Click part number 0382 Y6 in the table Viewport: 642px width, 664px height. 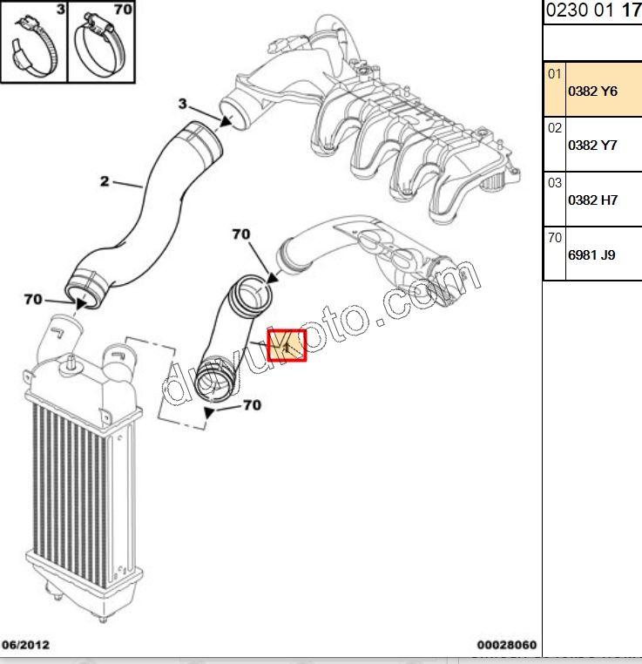pos(591,91)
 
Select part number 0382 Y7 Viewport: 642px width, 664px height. pos(591,146)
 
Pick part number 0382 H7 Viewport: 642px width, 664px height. pos(591,200)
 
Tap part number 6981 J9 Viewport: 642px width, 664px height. pos(591,255)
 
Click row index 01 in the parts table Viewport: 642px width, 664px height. pos(555,74)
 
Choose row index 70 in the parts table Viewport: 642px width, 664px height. pos(555,236)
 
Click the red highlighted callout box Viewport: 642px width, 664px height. pos(287,346)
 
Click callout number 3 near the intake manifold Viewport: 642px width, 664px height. pos(183,105)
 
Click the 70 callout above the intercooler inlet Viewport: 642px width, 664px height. pos(33,299)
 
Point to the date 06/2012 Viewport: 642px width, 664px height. pos(26,646)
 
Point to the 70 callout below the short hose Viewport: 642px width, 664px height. pos(251,405)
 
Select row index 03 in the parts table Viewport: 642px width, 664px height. pos(555,182)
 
